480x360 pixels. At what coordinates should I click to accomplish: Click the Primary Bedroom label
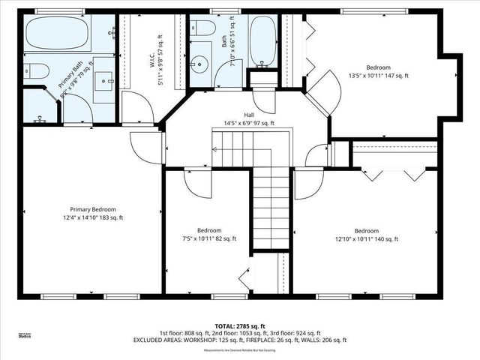click(x=92, y=214)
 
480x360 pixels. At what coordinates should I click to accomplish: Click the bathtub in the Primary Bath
click(x=58, y=34)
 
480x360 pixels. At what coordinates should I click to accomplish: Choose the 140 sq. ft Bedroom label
click(x=366, y=235)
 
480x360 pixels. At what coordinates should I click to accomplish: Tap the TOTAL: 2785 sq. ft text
click(x=239, y=326)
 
